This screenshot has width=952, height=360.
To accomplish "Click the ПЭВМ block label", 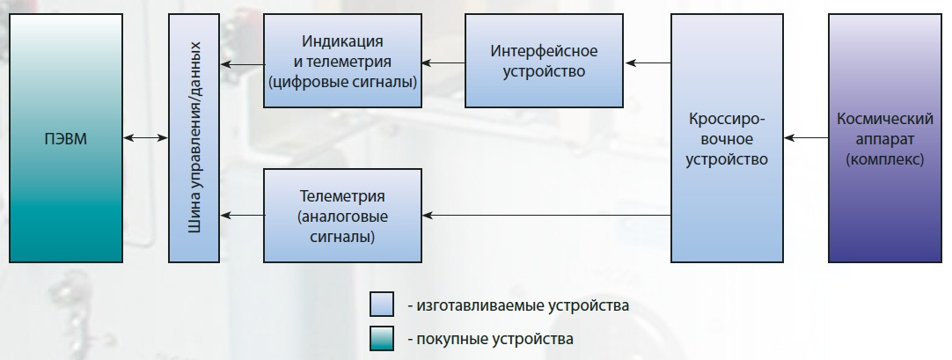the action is (66, 139).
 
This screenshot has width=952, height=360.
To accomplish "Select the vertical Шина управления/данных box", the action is (194, 138).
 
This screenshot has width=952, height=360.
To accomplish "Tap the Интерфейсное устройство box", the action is (544, 61).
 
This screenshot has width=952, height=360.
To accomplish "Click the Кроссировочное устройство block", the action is (727, 138).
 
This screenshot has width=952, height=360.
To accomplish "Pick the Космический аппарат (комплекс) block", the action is (884, 138).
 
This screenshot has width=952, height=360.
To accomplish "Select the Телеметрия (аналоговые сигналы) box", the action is (342, 216).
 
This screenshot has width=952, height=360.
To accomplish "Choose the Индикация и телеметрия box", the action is (342, 61).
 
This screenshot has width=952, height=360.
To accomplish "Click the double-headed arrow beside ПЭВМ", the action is (146, 138).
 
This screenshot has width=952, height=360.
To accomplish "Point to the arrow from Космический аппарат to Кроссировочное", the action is (806, 138).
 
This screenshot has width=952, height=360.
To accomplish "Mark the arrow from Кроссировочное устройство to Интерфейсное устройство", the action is (648, 62).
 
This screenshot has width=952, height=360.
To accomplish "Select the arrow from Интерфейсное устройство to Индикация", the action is (443, 62).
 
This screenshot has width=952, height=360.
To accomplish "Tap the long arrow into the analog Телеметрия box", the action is (546, 215).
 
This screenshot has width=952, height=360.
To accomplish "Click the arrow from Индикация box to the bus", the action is (242, 63).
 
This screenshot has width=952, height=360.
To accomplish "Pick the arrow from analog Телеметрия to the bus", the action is (242, 215).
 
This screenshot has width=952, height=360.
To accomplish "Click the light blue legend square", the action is (382, 305).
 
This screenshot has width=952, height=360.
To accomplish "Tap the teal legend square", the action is (382, 339).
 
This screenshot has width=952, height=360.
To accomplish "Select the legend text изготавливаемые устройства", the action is (523, 305).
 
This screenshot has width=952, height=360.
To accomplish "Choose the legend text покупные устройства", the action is (494, 339).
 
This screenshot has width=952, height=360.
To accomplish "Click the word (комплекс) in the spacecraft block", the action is (885, 159).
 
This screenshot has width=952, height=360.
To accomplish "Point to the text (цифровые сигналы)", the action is (342, 82).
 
